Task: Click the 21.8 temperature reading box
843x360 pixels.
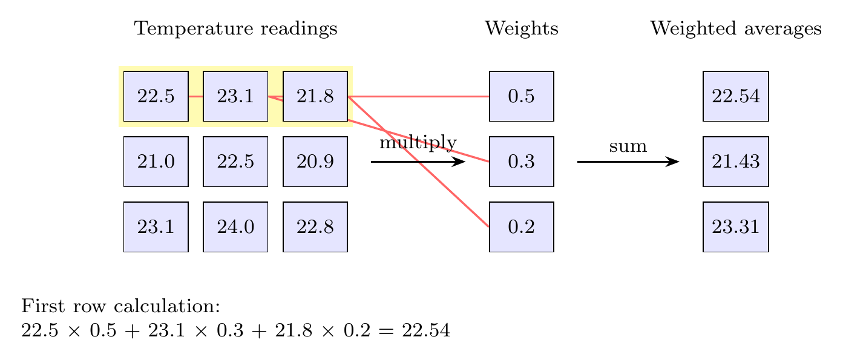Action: click(315, 96)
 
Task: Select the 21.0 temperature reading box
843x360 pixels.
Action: click(156, 162)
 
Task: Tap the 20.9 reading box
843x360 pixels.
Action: click(315, 162)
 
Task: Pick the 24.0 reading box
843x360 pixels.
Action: click(235, 227)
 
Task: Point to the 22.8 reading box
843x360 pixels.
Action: click(315, 227)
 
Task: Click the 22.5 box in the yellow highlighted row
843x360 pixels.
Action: click(156, 96)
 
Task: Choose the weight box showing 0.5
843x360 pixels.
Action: click(521, 96)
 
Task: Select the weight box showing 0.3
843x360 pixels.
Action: click(521, 162)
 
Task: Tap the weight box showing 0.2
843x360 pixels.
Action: click(521, 227)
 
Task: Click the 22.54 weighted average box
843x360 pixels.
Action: click(735, 96)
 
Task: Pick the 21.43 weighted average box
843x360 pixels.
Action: click(735, 162)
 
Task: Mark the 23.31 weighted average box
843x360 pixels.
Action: click(735, 227)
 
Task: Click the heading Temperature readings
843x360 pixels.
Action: click(235, 29)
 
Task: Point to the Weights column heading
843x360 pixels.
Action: click(521, 29)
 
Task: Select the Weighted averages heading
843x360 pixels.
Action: click(735, 29)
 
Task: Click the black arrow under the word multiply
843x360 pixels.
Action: click(418, 162)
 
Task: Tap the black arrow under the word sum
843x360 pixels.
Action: click(628, 162)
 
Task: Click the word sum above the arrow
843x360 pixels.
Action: click(628, 146)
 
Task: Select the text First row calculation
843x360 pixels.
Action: click(120, 306)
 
